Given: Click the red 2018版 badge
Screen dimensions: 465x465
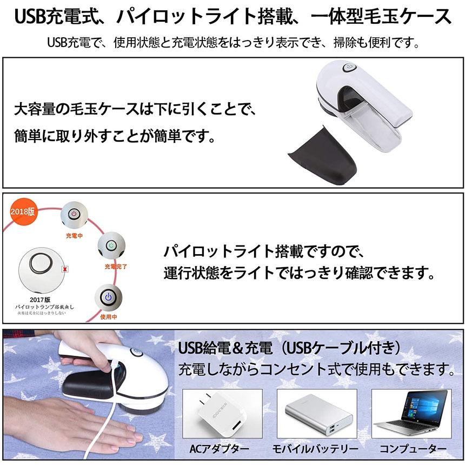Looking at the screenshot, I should click(23, 211).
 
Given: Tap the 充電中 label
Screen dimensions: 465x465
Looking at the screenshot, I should click(75, 235).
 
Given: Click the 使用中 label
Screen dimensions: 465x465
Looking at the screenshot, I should click(108, 317).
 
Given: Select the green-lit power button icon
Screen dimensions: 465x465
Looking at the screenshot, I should click(111, 246).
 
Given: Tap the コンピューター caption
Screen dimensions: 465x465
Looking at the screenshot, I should click(413, 449).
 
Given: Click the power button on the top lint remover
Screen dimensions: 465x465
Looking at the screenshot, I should click(348, 69).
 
